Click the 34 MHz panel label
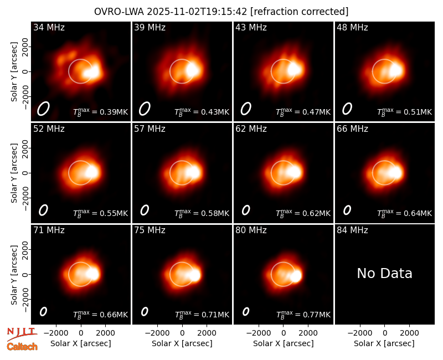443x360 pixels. tap(49, 27)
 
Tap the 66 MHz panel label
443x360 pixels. tap(352, 129)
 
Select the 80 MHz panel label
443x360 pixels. tap(251, 230)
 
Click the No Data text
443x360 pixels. tap(384, 273)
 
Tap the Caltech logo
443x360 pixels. tap(22, 347)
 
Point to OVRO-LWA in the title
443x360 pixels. tap(119, 12)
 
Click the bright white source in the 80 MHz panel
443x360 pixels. tap(296, 276)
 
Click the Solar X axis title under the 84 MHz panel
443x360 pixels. tap(384, 343)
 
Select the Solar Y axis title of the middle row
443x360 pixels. tap(14, 173)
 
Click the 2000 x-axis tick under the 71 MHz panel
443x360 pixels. tap(105, 333)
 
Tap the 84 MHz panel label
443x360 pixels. tap(352, 230)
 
